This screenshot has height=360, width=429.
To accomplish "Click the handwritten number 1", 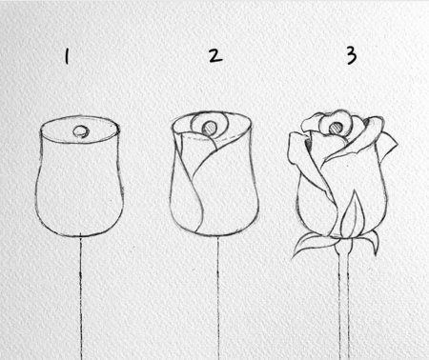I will [x=67, y=58].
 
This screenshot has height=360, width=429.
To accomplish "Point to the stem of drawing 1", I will [x=79, y=295].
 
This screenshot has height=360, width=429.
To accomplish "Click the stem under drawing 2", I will [x=218, y=295].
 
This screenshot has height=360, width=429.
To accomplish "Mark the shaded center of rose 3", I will [x=337, y=124].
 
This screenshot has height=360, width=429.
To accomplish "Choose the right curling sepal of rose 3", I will [x=366, y=242].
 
